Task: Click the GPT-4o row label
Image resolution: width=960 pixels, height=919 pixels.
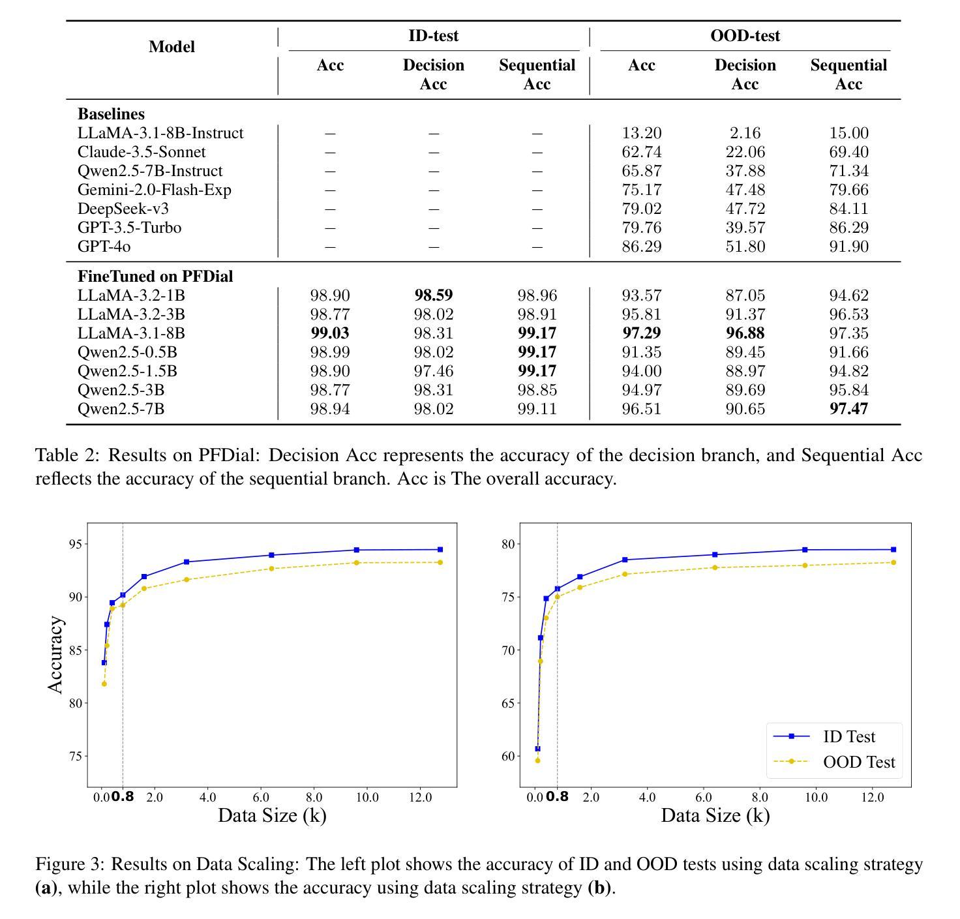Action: pyautogui.click(x=104, y=246)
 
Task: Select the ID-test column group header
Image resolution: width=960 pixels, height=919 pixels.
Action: pyautogui.click(x=433, y=35)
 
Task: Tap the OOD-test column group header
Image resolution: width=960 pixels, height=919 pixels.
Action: pyautogui.click(x=745, y=35)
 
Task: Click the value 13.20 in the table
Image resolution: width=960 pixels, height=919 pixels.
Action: pyautogui.click(x=641, y=132)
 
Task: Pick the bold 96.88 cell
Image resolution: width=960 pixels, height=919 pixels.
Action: pyautogui.click(x=745, y=333)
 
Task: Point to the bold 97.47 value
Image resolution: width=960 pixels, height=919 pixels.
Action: pyautogui.click(x=848, y=408)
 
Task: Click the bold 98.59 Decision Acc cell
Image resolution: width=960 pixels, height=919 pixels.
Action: pyautogui.click(x=433, y=295)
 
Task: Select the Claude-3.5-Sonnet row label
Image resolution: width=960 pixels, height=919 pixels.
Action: pyautogui.click(x=142, y=151)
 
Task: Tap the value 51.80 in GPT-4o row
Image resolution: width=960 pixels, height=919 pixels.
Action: pyautogui.click(x=745, y=246)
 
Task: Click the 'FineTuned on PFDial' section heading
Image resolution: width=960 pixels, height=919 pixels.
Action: pyautogui.click(x=155, y=277)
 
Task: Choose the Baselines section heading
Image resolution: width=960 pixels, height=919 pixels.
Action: pyautogui.click(x=111, y=114)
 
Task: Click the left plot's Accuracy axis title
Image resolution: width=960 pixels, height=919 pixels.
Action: pyautogui.click(x=55, y=655)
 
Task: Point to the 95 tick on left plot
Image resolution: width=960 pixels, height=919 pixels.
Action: pyautogui.click(x=76, y=544)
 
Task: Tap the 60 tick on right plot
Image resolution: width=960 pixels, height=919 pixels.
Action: pyautogui.click(x=507, y=756)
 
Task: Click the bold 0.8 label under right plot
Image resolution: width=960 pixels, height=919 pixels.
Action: pyautogui.click(x=557, y=796)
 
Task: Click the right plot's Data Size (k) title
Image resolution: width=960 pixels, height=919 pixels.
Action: pyautogui.click(x=715, y=815)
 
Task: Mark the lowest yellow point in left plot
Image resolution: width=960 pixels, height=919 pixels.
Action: pyautogui.click(x=104, y=684)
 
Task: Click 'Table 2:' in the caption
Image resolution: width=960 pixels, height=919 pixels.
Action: pyautogui.click(x=68, y=455)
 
